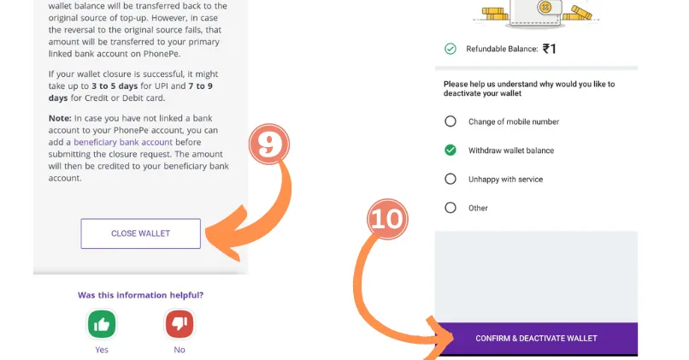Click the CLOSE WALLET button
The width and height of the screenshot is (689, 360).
pyautogui.click(x=140, y=233)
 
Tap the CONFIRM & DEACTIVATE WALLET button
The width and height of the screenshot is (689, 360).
pyautogui.click(x=536, y=339)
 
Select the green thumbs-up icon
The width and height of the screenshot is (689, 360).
pyautogui.click(x=102, y=324)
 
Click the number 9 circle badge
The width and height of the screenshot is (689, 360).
pyautogui.click(x=269, y=144)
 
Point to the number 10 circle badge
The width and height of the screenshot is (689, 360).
pyautogui.click(x=387, y=218)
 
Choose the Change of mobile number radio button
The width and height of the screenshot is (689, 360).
pyautogui.click(x=450, y=121)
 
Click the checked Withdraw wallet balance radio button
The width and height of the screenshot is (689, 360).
pyautogui.click(x=450, y=150)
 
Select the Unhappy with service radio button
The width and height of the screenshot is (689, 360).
pyautogui.click(x=450, y=179)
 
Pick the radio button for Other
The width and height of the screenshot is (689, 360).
pyautogui.click(x=450, y=208)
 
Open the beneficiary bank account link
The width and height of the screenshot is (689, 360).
pyautogui.click(x=123, y=142)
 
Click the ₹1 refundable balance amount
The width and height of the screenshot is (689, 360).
pyautogui.click(x=550, y=49)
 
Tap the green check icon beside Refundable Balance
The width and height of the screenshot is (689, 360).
pyautogui.click(x=450, y=49)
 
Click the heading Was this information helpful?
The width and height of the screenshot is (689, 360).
pyautogui.click(x=140, y=295)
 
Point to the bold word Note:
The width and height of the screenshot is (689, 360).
pyautogui.click(x=60, y=118)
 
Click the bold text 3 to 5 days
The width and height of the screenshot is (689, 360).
pyautogui.click(x=115, y=86)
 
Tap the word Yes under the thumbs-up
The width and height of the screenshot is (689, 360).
pyautogui.click(x=102, y=350)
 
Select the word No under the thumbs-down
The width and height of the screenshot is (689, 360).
pyautogui.click(x=180, y=350)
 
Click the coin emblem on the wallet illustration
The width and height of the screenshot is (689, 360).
pyautogui.click(x=545, y=7)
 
